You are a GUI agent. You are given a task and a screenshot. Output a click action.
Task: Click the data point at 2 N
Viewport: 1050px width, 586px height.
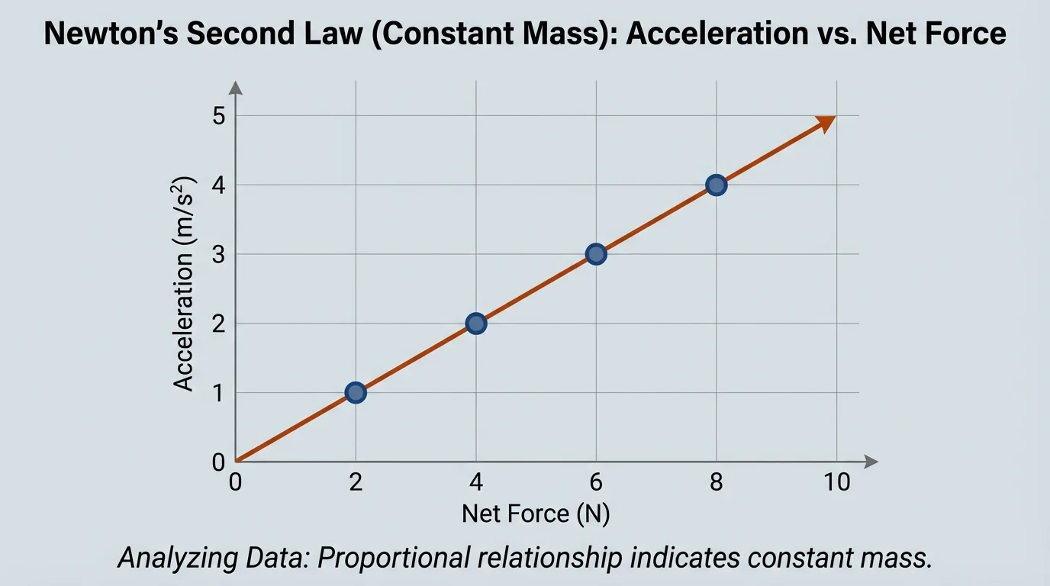tap(355, 393)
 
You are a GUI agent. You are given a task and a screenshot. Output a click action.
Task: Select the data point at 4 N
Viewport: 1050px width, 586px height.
tap(475, 324)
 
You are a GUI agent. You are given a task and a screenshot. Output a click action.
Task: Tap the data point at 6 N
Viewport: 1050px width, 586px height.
tap(596, 254)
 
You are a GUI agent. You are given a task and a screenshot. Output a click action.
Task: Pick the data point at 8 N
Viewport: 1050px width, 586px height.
tap(716, 185)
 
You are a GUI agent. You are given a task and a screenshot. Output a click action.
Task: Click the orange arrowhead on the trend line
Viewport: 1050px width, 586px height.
tap(826, 123)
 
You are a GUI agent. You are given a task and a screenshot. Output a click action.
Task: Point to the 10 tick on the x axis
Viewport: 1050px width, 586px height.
tap(836, 482)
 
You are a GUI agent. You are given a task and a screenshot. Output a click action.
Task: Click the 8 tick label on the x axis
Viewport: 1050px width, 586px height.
tap(716, 482)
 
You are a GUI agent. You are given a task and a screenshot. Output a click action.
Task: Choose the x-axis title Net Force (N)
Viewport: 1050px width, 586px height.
tap(536, 514)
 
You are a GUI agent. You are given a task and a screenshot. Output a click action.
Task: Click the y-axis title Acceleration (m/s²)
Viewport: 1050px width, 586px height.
tap(185, 284)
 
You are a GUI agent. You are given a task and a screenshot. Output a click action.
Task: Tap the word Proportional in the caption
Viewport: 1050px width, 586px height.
tap(392, 558)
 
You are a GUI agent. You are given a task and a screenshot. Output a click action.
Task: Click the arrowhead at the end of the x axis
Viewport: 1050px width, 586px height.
tap(871, 462)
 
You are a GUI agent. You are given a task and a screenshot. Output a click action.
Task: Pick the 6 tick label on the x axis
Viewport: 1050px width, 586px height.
tap(596, 482)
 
